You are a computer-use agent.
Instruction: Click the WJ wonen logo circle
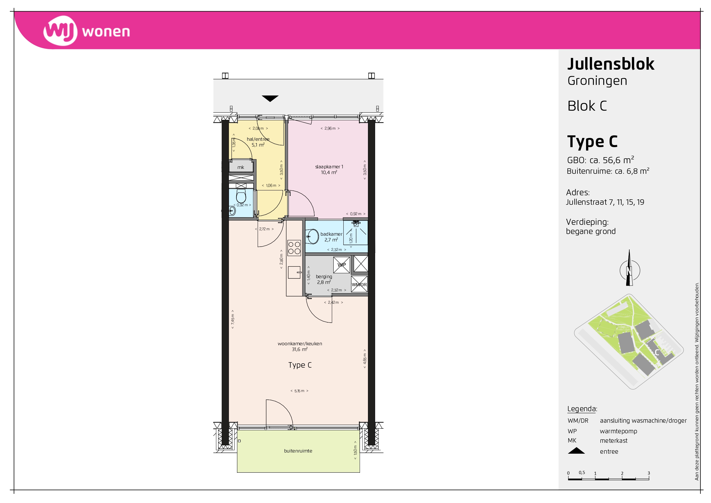[x=60, y=31]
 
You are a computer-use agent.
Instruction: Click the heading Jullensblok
[x=611, y=64]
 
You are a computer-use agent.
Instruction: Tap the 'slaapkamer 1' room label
[x=329, y=167]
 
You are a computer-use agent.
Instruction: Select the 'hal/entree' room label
[x=258, y=139]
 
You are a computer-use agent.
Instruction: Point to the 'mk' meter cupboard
[x=241, y=167]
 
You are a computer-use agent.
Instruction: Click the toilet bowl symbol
[x=241, y=196]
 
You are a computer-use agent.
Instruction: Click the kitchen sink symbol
[x=295, y=272]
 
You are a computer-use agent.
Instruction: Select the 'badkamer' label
[x=331, y=234]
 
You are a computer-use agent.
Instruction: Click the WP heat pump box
[x=342, y=265]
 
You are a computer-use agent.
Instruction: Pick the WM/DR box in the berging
[x=359, y=284]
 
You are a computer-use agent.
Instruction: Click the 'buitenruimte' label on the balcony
[x=298, y=451]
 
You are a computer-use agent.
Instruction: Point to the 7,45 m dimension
[x=233, y=319]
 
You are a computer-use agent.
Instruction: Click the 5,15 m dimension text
[x=299, y=391]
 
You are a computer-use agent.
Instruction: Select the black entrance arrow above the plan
[x=270, y=99]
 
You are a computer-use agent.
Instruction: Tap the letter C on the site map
[x=657, y=352]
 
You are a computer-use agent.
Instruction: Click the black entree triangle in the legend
[x=576, y=451]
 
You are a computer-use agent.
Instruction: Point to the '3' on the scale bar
[x=649, y=473]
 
